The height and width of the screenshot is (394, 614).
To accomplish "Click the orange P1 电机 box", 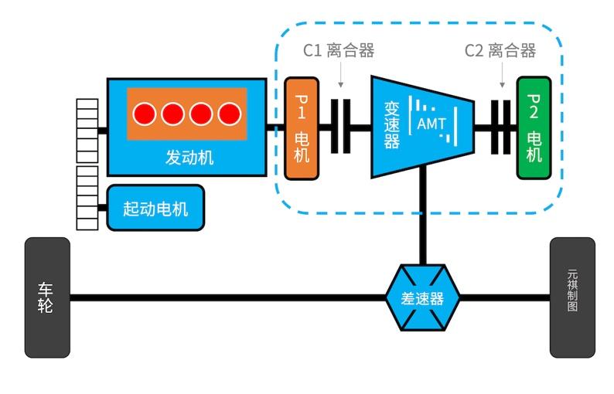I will pyautogui.click(x=301, y=128).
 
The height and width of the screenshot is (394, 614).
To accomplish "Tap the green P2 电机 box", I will pyautogui.click(x=534, y=128).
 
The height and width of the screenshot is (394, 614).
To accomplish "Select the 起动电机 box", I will pyautogui.click(x=155, y=208).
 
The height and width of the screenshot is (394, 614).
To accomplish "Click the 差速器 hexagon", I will pyautogui.click(x=422, y=298).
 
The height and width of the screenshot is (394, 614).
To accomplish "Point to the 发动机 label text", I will pyautogui.click(x=189, y=158).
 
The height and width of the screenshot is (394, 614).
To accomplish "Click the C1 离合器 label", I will pyautogui.click(x=338, y=51).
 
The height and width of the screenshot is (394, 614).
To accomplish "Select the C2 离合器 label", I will pyautogui.click(x=500, y=51).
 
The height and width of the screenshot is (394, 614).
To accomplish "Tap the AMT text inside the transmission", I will pyautogui.click(x=431, y=124).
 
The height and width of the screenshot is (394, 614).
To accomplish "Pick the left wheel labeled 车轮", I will pyautogui.click(x=47, y=297).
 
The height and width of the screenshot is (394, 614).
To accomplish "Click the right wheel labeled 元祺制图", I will pyautogui.click(x=572, y=297).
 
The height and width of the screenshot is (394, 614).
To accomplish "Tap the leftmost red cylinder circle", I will pyautogui.click(x=144, y=114).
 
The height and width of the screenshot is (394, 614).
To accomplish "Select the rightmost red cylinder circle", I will pyautogui.click(x=229, y=114).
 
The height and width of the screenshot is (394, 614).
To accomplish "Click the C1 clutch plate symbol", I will pyautogui.click(x=341, y=127).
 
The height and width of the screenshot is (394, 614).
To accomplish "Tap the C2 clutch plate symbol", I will pyautogui.click(x=503, y=127).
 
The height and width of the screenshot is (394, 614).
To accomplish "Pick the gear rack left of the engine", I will pyautogui.click(x=87, y=131).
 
